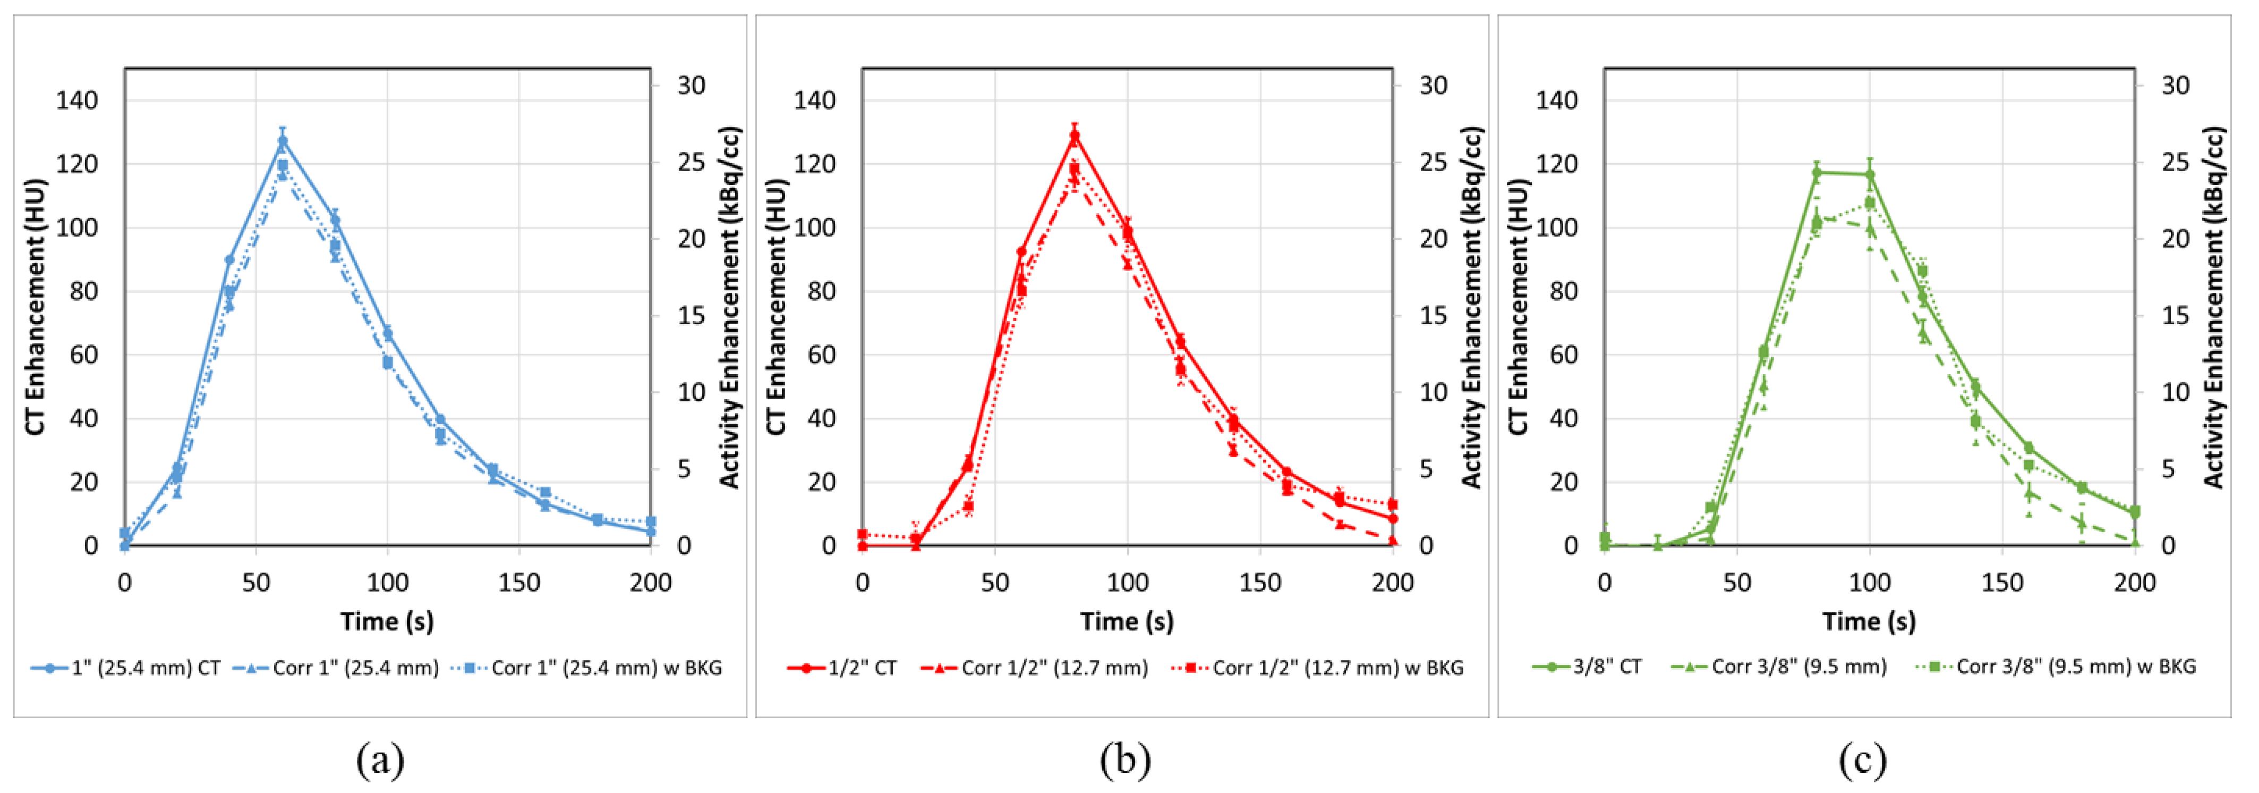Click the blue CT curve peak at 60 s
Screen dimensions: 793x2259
coord(283,140)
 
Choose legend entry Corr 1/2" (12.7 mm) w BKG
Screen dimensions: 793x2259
coord(1318,668)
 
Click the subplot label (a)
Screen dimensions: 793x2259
coord(380,760)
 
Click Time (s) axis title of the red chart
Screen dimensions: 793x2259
coord(1127,621)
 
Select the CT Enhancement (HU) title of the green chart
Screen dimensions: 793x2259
coord(1519,307)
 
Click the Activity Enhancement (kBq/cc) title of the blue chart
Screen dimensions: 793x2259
coord(730,307)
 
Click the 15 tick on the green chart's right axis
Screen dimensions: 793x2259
coord(2175,315)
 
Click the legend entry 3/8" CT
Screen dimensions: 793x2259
coord(1587,667)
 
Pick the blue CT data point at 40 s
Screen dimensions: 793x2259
coord(230,260)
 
